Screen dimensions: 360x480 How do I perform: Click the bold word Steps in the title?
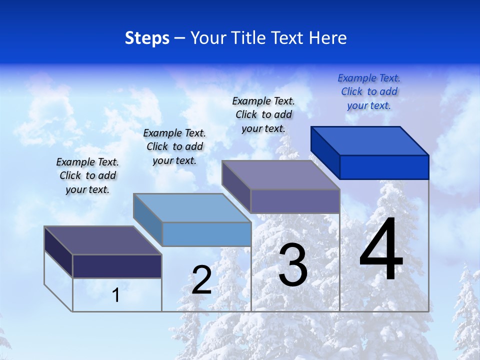tap(147, 38)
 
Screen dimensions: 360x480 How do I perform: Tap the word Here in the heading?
tap(327, 38)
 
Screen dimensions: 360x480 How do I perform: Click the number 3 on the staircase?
tap(292, 265)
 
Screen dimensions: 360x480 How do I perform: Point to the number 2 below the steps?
tap(201, 280)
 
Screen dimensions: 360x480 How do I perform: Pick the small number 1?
tap(115, 295)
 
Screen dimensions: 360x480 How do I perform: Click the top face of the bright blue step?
tap(370, 140)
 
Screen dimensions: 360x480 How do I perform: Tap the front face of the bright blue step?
tap(384, 167)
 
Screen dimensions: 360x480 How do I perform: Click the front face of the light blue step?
tap(206, 234)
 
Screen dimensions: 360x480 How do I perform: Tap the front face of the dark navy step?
tap(117, 266)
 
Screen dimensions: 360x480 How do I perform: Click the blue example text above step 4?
tap(369, 91)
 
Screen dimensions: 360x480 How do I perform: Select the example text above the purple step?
tap(263, 114)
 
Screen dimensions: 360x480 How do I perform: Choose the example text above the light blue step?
tap(174, 146)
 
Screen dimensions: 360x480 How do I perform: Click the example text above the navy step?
tap(87, 175)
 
